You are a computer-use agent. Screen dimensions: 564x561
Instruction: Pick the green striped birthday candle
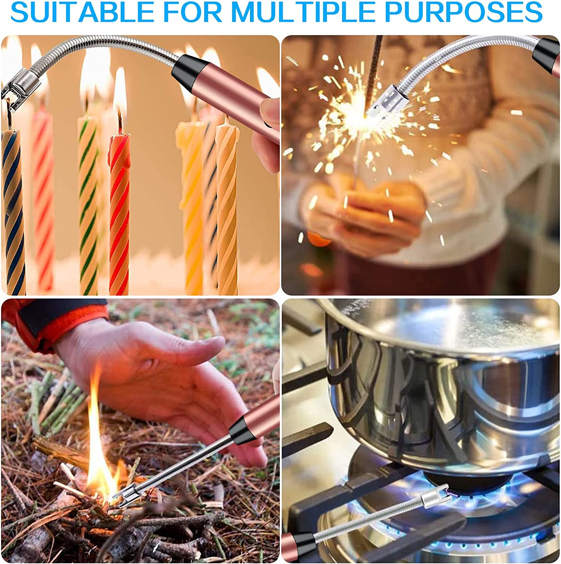click(x=88, y=203)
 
